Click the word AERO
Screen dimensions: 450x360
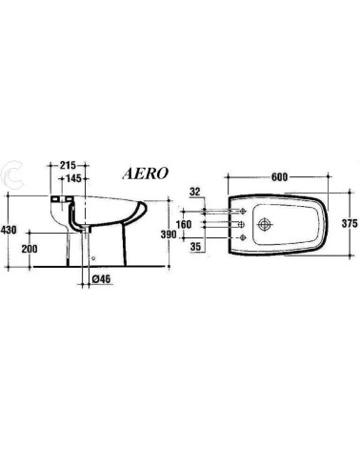pos(146,174)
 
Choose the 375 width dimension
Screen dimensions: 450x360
pos(348,224)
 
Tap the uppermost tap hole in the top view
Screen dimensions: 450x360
pos(244,211)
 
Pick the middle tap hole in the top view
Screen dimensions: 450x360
pos(244,225)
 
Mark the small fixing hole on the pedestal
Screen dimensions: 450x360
pos(94,256)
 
